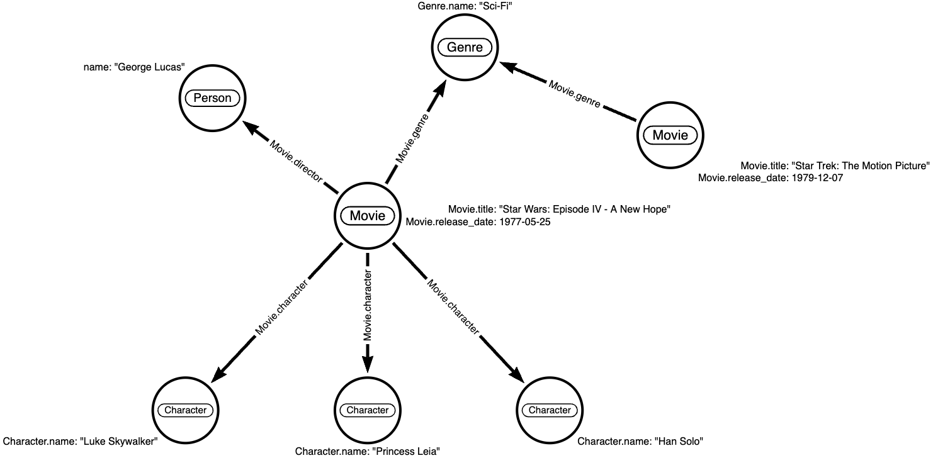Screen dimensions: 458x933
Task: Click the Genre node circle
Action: coord(465,47)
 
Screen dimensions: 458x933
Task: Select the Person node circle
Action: coord(212,98)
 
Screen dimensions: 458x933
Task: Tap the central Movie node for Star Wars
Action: coord(367,216)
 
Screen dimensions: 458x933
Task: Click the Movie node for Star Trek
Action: coord(670,135)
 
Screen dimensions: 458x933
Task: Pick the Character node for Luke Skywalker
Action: coord(185,410)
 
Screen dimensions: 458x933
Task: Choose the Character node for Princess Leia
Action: coord(368,410)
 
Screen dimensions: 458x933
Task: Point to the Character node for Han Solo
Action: coord(550,410)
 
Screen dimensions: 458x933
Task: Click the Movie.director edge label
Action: coord(296,162)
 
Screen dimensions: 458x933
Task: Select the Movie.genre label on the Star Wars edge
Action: coord(413,139)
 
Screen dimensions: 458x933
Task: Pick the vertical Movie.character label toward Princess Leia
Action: coord(368,306)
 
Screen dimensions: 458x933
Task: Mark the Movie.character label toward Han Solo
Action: coord(453,306)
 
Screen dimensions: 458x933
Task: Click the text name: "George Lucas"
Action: coord(134,68)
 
